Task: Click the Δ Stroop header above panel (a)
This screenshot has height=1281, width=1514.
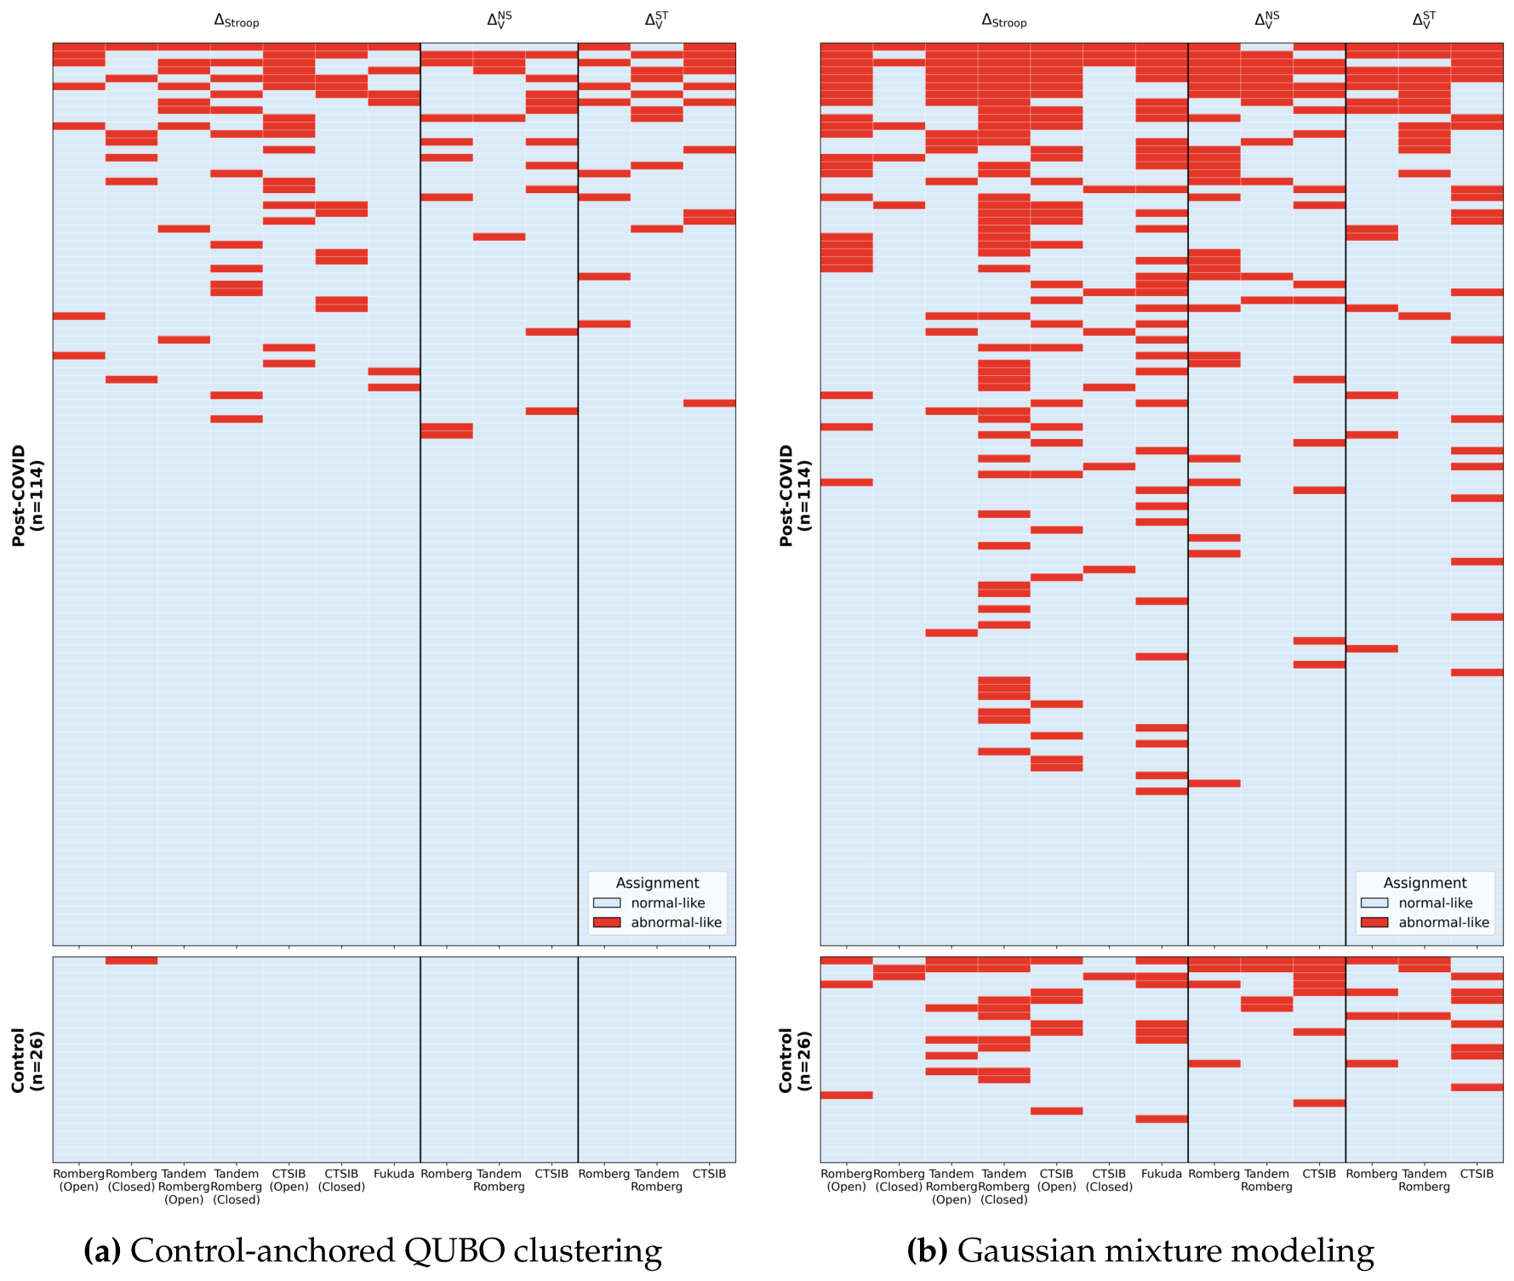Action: coord(236,20)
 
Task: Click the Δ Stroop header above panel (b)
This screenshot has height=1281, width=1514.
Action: coord(1003,20)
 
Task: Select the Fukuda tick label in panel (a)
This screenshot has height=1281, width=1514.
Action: coord(394,1174)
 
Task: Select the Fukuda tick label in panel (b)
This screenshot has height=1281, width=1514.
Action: coord(1162,1174)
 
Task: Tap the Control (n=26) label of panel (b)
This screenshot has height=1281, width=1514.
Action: coord(796,1060)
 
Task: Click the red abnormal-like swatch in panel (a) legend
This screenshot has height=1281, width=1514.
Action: coord(607,922)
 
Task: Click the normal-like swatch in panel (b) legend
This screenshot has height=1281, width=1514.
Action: coord(1374,902)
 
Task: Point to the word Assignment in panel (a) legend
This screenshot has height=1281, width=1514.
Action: coord(657,883)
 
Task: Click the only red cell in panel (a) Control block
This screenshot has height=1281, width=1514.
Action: coord(131,960)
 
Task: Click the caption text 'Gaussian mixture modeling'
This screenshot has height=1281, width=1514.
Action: coord(1165,1251)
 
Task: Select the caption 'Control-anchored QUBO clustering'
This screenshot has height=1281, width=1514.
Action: coord(396,1251)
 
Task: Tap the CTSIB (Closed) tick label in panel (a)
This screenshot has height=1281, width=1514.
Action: coord(341,1180)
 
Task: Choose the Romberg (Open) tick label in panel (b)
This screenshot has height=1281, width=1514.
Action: coord(846,1180)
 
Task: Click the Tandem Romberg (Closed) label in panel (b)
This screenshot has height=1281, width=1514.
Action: coord(1004,1187)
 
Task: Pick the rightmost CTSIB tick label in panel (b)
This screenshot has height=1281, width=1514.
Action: coord(1477,1174)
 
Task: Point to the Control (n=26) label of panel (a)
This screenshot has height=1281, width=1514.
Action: coord(28,1060)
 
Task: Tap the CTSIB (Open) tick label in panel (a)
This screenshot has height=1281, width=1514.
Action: coord(289,1180)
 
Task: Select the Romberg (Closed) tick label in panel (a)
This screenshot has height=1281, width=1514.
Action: coord(131,1180)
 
